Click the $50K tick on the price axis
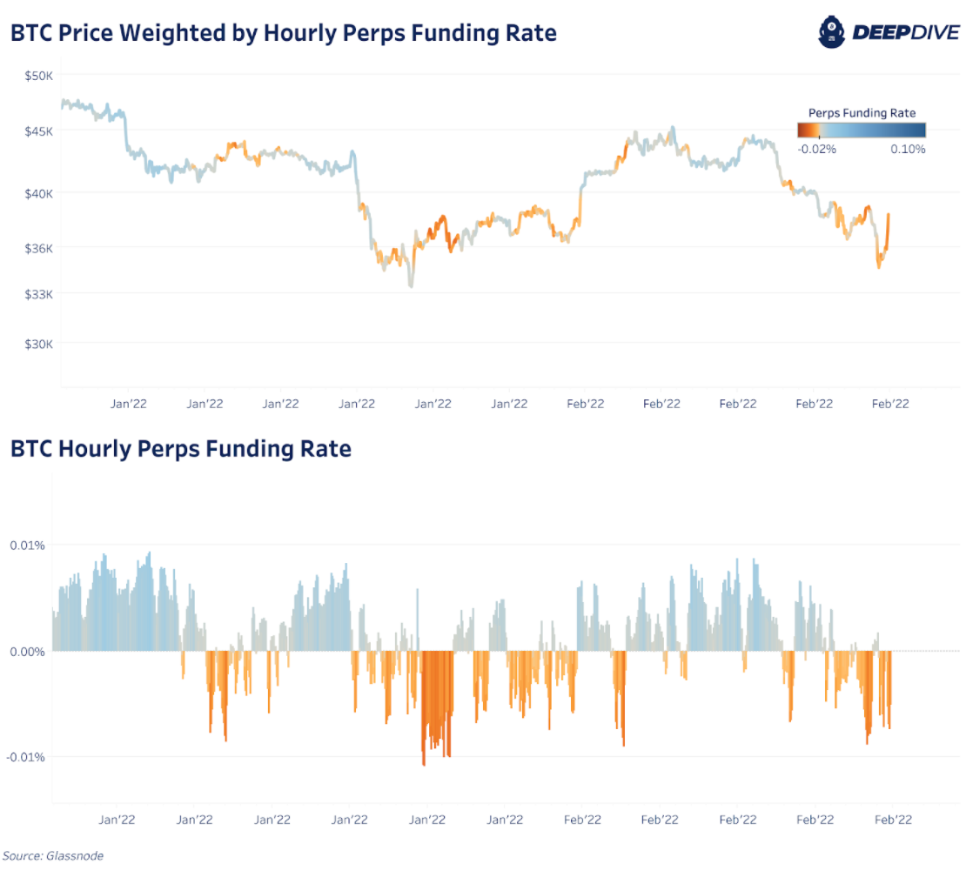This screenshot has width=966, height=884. coord(39,76)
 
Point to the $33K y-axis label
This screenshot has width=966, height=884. coord(39,294)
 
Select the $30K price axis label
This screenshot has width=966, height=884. coord(39,344)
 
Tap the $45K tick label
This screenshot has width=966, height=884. coord(39,131)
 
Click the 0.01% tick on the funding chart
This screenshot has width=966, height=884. coord(28,546)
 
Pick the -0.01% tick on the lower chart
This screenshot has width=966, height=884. coord(26,757)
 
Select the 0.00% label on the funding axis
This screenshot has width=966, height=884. coord(27,651)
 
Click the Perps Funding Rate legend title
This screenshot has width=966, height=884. coord(862,113)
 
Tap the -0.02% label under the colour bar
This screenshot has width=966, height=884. coord(817,149)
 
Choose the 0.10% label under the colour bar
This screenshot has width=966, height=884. coord(908,149)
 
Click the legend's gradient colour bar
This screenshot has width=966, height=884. coord(862,130)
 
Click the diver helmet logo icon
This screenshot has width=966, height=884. coord(832,32)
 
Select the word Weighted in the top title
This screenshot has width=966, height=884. coord(175,34)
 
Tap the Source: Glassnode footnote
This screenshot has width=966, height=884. coord(54,856)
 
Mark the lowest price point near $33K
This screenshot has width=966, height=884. coord(411,286)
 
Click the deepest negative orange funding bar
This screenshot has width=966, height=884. coord(424,764)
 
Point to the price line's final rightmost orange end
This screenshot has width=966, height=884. coord(889,214)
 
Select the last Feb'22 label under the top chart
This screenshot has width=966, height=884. coord(890,404)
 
